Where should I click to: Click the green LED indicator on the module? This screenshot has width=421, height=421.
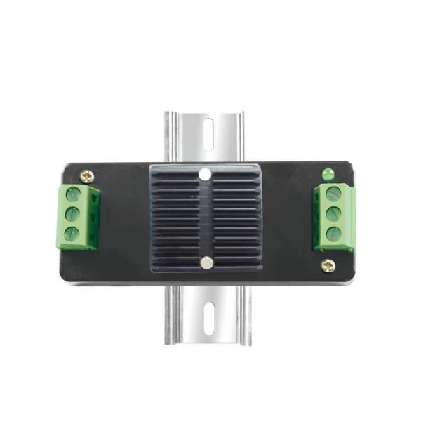[x=327, y=173]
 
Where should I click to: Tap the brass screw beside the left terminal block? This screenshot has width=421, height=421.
[x=86, y=177]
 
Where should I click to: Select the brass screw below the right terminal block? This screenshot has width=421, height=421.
[x=328, y=265]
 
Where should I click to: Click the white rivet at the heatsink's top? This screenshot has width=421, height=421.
[x=205, y=173]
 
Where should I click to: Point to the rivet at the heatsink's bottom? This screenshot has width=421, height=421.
[x=206, y=262]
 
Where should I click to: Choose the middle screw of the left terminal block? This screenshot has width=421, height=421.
[x=72, y=215]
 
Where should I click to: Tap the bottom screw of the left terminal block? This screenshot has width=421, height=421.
[x=72, y=233]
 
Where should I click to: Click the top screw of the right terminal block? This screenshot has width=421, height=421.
[x=333, y=193]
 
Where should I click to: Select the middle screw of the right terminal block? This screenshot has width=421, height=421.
[x=334, y=213]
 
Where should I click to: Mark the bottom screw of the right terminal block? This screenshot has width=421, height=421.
[x=334, y=233]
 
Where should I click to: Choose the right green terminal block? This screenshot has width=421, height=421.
[x=334, y=215]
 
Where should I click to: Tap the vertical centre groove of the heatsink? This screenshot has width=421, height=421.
[x=206, y=218]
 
